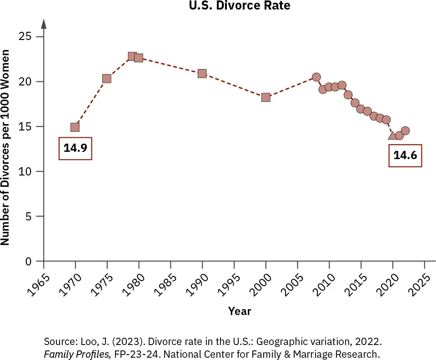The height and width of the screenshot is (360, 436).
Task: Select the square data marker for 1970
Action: tap(75, 127)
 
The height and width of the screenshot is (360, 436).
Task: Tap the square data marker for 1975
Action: tap(107, 79)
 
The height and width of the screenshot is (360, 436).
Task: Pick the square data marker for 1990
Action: tap(202, 74)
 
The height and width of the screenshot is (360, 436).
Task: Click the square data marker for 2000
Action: tap(266, 97)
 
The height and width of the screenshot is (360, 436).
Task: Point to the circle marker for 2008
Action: tap(316, 77)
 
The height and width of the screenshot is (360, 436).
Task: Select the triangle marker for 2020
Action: tap(392, 135)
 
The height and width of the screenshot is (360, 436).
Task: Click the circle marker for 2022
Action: tap(405, 131)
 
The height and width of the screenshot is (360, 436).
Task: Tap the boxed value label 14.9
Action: tap(75, 148)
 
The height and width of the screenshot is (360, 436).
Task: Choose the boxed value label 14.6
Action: tap(405, 155)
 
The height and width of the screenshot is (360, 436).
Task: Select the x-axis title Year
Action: tap(239, 311)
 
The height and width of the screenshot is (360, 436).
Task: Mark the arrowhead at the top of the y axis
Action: tap(44, 23)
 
